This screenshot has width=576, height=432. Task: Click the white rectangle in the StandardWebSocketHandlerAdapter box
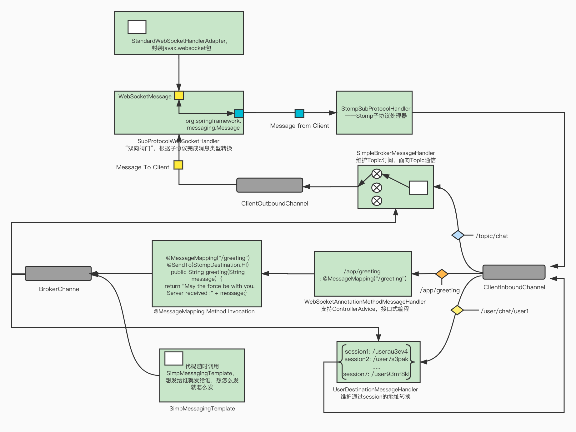click(137, 27)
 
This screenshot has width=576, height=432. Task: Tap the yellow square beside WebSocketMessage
click(179, 95)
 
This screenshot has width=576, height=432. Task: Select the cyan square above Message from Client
click(299, 113)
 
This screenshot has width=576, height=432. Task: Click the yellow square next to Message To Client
click(178, 165)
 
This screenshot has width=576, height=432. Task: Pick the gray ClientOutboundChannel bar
click(269, 185)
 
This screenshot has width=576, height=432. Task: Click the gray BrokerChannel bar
click(58, 274)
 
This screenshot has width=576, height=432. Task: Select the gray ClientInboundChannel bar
click(514, 272)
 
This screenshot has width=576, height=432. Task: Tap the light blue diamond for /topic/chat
click(458, 235)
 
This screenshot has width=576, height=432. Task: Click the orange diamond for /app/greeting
click(442, 274)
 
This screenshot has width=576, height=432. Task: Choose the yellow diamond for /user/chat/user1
click(457, 310)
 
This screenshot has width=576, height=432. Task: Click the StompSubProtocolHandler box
click(374, 112)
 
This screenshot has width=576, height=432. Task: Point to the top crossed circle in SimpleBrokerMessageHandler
click(377, 174)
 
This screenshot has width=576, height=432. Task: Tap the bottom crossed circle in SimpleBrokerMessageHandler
click(377, 201)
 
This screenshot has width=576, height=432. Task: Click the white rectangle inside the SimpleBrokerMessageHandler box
click(418, 188)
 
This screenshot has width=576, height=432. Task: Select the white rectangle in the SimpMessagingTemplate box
click(174, 358)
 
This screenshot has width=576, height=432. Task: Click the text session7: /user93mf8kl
click(376, 374)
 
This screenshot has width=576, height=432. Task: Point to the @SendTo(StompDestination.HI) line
click(208, 265)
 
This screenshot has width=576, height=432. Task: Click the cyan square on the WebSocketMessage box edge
click(239, 113)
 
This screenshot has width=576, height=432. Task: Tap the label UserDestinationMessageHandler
click(375, 390)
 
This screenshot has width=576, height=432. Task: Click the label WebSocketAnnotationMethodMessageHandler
click(365, 302)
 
